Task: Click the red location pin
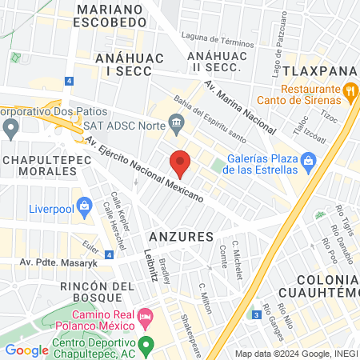tap(181, 163)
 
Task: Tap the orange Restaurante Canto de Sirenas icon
tap(350, 93)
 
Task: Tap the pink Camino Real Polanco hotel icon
tap(145, 318)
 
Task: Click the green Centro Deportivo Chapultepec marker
tap(145, 347)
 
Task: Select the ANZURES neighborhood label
tap(182, 237)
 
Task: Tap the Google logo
tap(26, 350)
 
